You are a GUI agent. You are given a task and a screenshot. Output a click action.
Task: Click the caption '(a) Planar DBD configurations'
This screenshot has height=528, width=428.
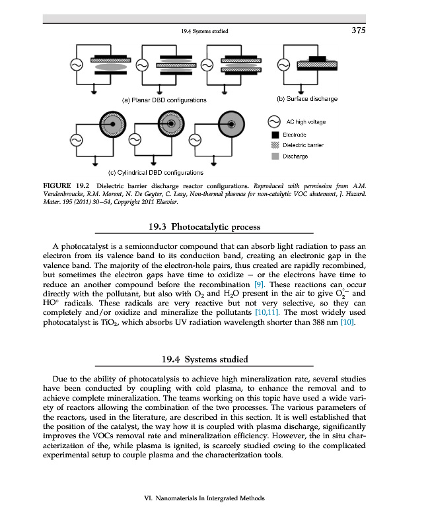pos(164,100)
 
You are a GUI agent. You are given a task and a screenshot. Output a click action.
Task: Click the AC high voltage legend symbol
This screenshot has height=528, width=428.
pos(273,122)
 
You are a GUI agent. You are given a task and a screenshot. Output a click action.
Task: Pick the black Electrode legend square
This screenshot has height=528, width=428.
pos(273,133)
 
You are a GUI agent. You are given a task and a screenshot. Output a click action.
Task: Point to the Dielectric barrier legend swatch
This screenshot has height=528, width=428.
pos(273,145)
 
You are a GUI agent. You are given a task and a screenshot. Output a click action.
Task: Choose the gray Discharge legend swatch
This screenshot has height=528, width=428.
pos(273,156)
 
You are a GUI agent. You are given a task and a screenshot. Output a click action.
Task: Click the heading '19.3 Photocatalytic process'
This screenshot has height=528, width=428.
pos(205,227)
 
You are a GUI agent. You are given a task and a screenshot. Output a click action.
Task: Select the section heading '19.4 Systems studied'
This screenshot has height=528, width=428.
pos(205,359)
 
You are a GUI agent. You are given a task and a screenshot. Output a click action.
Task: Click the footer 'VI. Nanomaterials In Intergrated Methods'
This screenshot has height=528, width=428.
pos(204,498)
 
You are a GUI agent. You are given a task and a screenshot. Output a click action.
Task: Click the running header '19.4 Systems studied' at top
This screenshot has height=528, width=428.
pos(200,31)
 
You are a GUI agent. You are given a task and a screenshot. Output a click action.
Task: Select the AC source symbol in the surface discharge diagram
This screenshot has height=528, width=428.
pos(283,65)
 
